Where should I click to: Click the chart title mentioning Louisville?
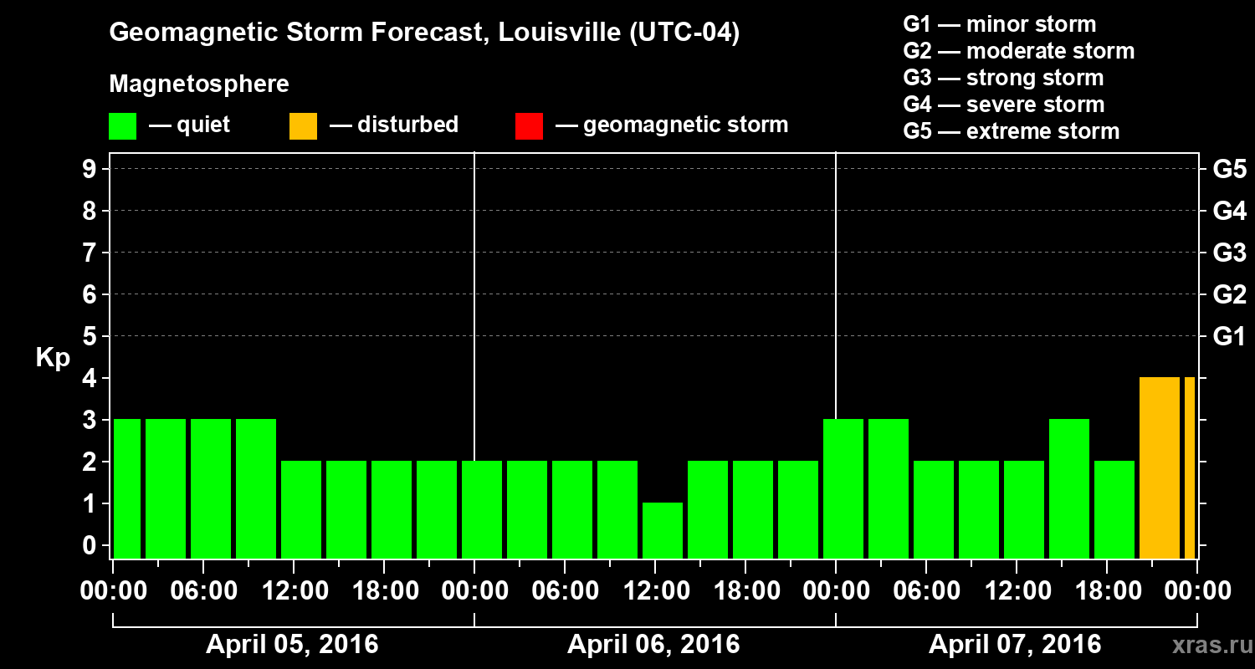424,33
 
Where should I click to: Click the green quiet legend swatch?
122,126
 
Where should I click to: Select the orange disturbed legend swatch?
303,126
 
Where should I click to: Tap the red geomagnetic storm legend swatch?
529,126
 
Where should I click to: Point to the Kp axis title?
53,358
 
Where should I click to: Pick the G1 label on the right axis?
1229,337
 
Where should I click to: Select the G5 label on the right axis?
1229,170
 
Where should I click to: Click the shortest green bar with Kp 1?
663,530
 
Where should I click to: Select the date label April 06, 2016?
653,645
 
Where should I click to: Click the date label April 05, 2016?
292,645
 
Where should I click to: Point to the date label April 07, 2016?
1015,645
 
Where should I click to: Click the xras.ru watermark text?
1207,645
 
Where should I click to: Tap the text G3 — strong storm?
1003,78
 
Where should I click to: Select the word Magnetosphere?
199,84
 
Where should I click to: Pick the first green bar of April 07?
843,489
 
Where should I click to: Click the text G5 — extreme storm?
1011,131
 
